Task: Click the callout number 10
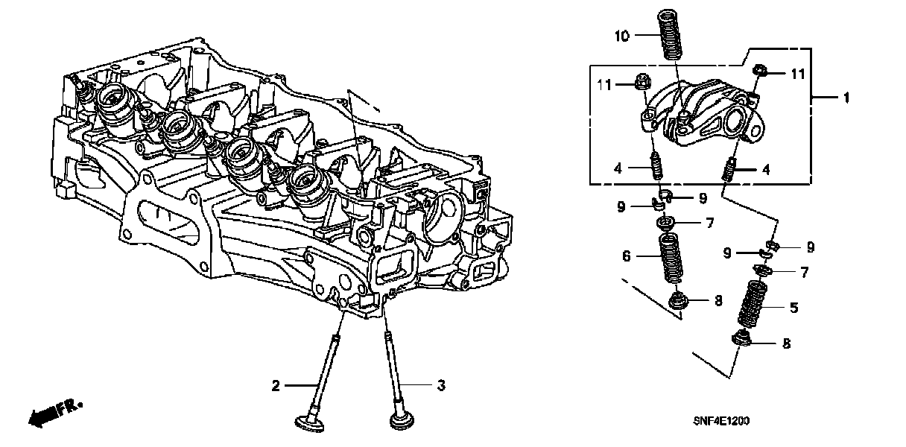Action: coord(623,35)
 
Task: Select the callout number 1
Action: coord(846,98)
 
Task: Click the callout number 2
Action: coord(276,386)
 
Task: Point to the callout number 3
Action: coord(441,386)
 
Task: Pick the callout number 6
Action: coord(626,257)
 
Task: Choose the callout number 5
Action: coord(793,307)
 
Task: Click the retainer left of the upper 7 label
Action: coord(665,223)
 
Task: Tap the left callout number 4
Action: coord(618,168)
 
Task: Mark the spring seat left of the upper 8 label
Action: coord(677,301)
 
